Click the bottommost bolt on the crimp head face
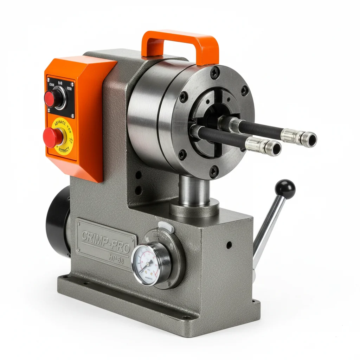(x=213, y=171)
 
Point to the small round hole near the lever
(x=229, y=244)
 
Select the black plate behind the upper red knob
(x=61, y=97)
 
